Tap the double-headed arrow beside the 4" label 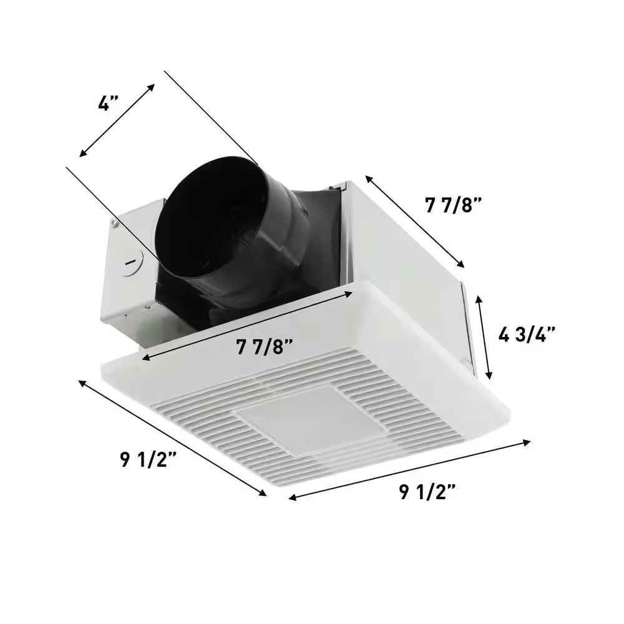click(117, 120)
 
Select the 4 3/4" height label click(527, 335)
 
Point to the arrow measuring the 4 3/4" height click(485, 338)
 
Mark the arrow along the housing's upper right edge click(415, 221)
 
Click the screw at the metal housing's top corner click(114, 221)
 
